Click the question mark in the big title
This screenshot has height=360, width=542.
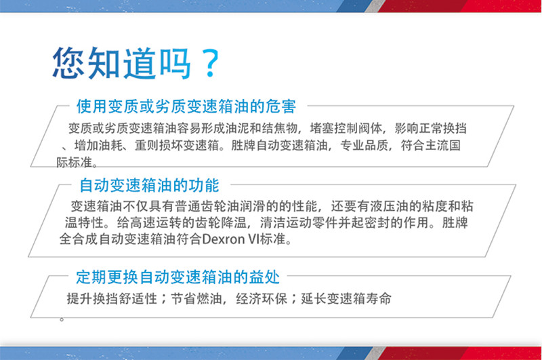point(211,63)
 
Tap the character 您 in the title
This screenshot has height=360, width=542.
point(69,62)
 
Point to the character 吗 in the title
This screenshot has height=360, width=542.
point(174,63)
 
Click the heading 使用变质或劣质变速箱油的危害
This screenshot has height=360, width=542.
point(186,106)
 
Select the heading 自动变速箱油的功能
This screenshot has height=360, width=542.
point(149,185)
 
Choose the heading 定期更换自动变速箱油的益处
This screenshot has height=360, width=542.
point(178,277)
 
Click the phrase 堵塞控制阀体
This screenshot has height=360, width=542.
point(346,128)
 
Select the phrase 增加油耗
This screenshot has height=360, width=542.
point(98,145)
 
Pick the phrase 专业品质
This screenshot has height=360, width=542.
point(364,145)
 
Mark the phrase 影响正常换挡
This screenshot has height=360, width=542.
point(431,128)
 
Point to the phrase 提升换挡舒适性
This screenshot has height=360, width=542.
point(112,298)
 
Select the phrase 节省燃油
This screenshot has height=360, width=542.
point(196,298)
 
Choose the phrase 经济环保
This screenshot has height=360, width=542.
point(262,298)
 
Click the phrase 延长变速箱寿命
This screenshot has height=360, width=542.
point(346,298)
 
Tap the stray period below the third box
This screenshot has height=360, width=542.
point(62,319)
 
